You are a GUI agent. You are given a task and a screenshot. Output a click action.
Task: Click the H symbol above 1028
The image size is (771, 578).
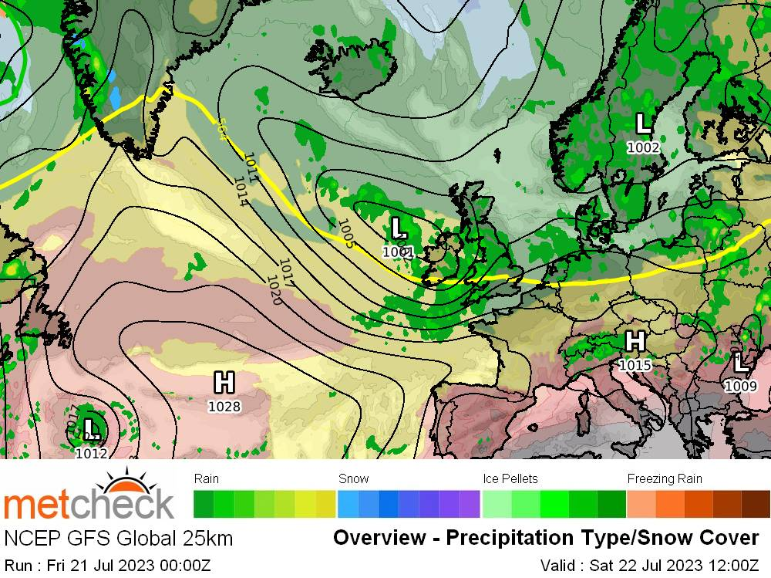click(224, 382)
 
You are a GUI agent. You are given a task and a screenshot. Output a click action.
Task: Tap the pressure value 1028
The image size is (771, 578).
click(224, 407)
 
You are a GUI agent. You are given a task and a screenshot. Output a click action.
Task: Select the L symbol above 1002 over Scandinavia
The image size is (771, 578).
click(643, 123)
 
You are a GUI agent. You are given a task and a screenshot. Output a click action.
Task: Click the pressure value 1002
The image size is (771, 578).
click(643, 147)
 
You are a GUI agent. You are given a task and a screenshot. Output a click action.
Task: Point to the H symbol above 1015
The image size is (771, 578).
click(635, 340)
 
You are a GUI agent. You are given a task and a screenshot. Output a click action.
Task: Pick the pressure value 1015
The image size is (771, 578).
click(635, 365)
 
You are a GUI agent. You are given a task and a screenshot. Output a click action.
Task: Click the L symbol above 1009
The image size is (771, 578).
click(740, 362)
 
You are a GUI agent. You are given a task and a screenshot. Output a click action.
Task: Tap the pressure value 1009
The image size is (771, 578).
click(740, 386)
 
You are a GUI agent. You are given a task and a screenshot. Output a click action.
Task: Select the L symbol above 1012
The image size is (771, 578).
click(92, 428)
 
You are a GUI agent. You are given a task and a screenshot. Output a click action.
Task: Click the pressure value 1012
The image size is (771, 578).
click(92, 454)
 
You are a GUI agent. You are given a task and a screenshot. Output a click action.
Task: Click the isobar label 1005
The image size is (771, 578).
click(345, 233)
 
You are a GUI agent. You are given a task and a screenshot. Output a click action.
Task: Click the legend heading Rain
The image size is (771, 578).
click(207, 479)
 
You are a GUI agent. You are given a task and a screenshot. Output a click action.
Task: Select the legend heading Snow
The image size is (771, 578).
click(354, 479)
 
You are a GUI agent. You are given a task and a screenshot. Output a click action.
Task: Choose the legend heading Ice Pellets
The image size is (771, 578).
click(510, 479)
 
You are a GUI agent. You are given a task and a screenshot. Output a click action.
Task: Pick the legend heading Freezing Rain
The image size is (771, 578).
click(665, 479)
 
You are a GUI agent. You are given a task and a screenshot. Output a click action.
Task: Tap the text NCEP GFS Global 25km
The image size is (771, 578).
click(119, 538)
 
